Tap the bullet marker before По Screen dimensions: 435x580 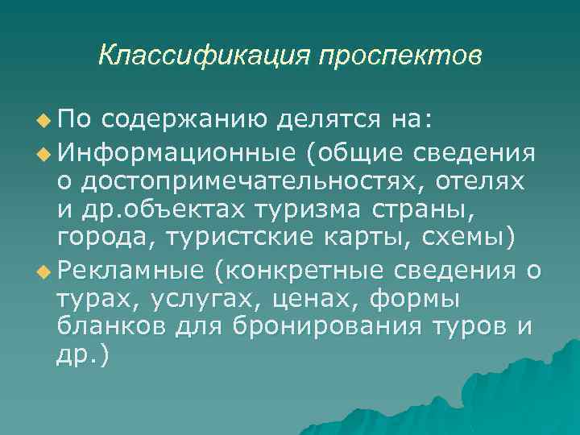pos(42,122)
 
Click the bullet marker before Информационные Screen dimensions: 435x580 pos(42,151)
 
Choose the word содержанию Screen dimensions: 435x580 pos(186,121)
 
